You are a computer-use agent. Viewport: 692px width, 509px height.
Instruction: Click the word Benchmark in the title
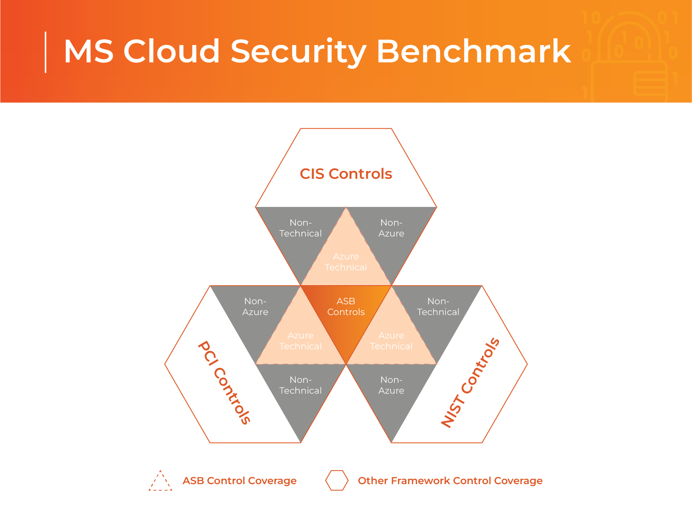(x=473, y=51)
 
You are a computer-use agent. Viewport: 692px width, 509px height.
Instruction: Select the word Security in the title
(x=298, y=51)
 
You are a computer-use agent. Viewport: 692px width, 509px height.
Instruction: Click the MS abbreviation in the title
(x=89, y=51)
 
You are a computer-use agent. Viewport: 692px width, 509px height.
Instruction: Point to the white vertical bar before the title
(x=45, y=52)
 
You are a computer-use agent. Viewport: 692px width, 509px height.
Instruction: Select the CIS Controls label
(x=346, y=174)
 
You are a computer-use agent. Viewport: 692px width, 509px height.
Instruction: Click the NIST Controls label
(x=470, y=383)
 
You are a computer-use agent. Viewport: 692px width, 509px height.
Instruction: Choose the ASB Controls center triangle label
(x=346, y=306)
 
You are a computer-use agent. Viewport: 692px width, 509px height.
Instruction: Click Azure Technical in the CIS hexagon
(x=346, y=262)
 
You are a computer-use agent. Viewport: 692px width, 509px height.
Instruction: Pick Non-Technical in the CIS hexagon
(x=300, y=228)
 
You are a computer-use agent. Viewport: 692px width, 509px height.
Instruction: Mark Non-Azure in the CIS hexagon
(x=391, y=228)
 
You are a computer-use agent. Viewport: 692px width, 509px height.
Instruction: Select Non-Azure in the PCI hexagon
(x=255, y=307)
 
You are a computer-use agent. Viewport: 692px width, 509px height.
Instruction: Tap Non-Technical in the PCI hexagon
(x=300, y=385)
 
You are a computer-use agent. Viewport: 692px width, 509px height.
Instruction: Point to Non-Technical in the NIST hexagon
(x=438, y=307)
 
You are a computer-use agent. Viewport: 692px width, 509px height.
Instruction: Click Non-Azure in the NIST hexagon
(x=391, y=385)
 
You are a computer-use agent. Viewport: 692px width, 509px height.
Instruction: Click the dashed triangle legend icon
(x=160, y=481)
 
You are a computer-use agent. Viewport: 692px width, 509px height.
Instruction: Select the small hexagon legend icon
(x=337, y=481)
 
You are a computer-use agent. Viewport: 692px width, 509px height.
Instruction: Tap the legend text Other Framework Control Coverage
(x=450, y=481)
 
